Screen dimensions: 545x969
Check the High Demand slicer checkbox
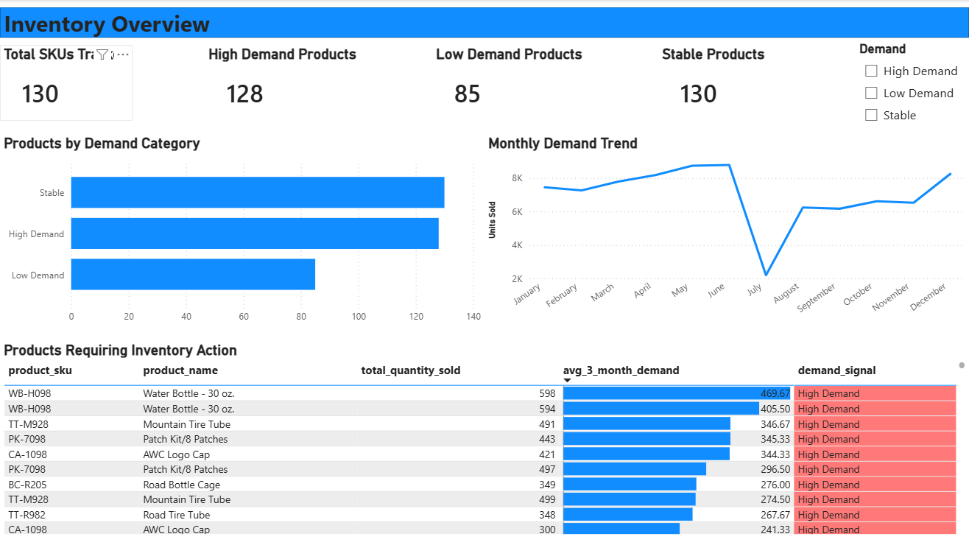point(871,71)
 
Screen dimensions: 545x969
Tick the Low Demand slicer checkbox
point(871,93)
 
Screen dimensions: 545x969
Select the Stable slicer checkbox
point(871,115)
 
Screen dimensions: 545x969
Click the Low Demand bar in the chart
point(193,275)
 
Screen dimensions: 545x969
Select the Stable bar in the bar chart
point(258,192)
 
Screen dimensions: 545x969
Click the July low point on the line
point(766,275)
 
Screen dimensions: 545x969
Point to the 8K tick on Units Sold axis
point(517,178)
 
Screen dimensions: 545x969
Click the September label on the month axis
point(816,298)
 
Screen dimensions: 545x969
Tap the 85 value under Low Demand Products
point(467,94)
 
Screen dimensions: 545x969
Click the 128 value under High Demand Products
point(244,94)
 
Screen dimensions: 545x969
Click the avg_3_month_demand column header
point(621,370)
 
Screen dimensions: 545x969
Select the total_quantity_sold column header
point(410,370)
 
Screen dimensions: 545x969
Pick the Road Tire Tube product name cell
point(176,515)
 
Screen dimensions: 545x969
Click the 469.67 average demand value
point(775,394)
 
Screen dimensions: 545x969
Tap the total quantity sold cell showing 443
point(546,439)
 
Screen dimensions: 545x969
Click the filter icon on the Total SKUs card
point(102,54)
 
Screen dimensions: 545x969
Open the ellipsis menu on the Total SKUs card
point(122,54)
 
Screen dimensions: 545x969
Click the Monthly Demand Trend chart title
point(563,144)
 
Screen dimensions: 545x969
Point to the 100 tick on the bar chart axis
point(359,317)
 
